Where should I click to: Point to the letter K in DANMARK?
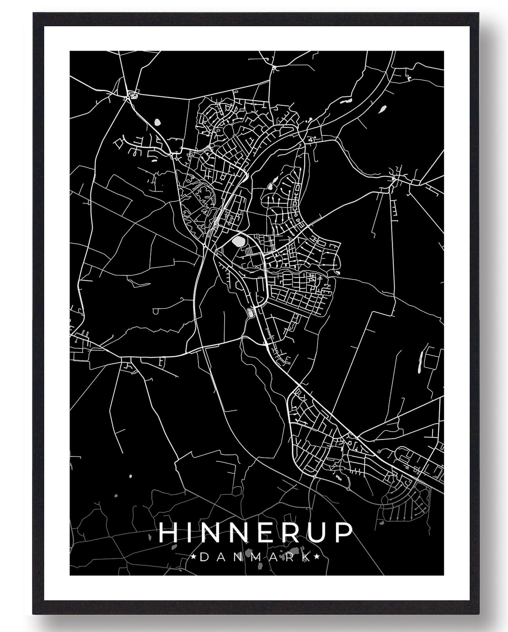pyautogui.click(x=307, y=557)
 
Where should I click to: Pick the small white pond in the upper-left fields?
pyautogui.click(x=158, y=122)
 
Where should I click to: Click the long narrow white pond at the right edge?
pyautogui.click(x=421, y=360)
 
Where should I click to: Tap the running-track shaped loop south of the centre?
pyautogui.click(x=250, y=312)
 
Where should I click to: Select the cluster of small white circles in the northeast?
pyautogui.click(x=311, y=139)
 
